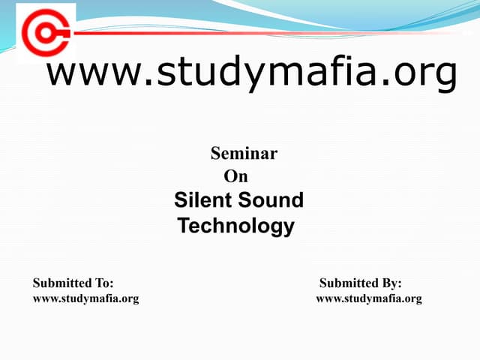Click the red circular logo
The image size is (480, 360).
point(46,34)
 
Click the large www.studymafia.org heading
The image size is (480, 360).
point(252,73)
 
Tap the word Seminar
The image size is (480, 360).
point(244,154)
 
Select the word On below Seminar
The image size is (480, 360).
point(236,177)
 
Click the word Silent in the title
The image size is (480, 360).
point(205,200)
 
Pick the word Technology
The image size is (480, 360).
point(236,226)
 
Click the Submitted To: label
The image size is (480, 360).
point(73,283)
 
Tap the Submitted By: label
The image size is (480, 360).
point(361,283)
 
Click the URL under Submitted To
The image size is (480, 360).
point(85,298)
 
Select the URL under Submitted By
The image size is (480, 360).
point(369,298)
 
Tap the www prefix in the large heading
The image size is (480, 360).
point(87,73)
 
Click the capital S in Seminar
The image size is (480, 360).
point(216,154)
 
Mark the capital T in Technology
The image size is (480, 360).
point(184,225)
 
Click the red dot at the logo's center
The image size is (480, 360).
point(45,34)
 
